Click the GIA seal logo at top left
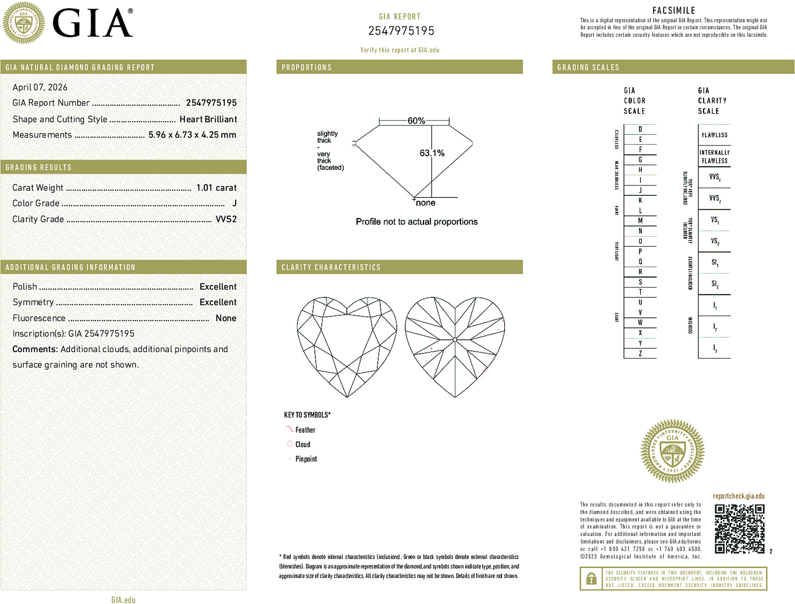click(x=24, y=23)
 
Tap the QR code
click(x=739, y=528)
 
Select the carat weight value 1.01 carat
click(x=216, y=188)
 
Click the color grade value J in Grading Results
click(x=234, y=203)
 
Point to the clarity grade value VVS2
click(x=226, y=219)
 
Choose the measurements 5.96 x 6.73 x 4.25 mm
click(x=192, y=135)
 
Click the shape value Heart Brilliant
click(x=208, y=119)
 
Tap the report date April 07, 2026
click(x=40, y=87)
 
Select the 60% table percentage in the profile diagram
click(x=416, y=121)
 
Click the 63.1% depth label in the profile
click(x=432, y=153)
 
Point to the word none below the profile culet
click(x=425, y=203)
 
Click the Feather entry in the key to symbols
click(x=305, y=430)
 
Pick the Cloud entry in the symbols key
click(x=303, y=444)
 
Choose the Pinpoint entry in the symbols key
click(x=306, y=459)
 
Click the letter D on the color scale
click(x=640, y=129)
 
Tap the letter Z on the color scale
click(x=640, y=353)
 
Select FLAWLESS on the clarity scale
click(x=714, y=135)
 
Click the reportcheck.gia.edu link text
click(x=739, y=496)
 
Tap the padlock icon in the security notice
click(x=591, y=579)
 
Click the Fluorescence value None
click(x=226, y=318)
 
